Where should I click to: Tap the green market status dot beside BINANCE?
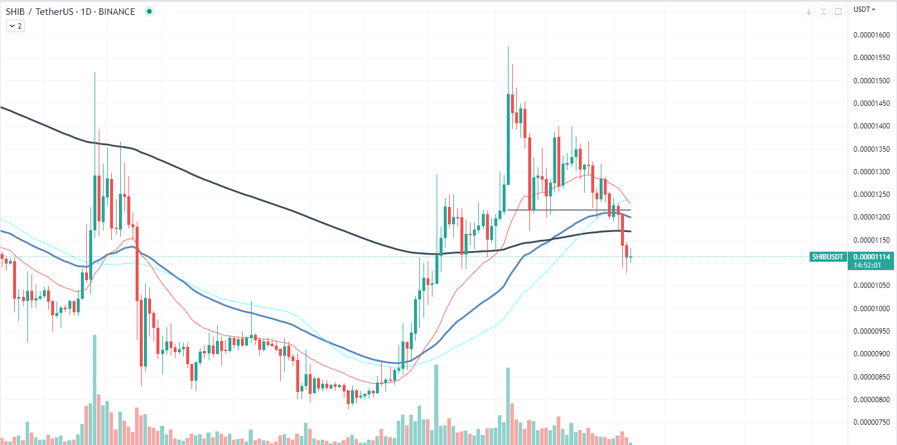[x=149, y=11]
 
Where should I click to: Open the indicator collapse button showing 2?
[x=15, y=26]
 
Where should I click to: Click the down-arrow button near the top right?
[x=808, y=11]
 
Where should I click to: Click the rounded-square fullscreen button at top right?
[x=838, y=11]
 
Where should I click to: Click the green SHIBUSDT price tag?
[x=828, y=257]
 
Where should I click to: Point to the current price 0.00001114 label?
[x=871, y=256]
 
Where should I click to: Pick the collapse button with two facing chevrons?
[x=823, y=11]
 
